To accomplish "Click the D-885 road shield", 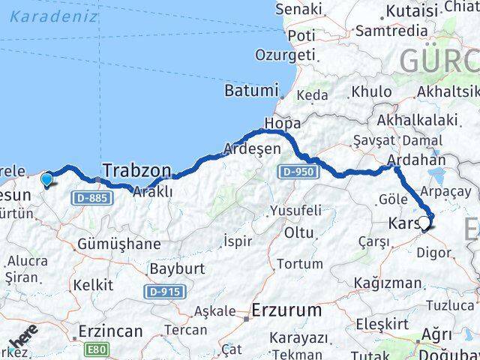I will click(x=94, y=198).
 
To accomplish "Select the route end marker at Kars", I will click(x=424, y=223).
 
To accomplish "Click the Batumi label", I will click(x=251, y=91).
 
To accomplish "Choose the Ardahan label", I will click(x=416, y=160).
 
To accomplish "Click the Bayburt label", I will click(x=172, y=268).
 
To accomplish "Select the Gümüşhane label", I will click(x=118, y=243).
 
